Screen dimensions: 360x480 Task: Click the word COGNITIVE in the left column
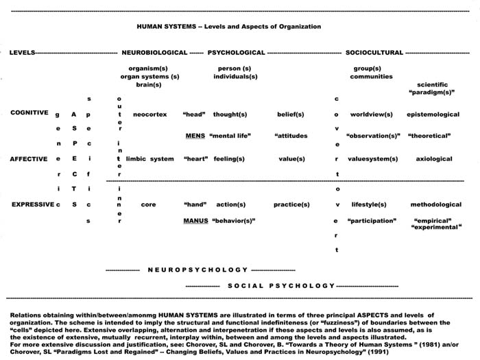(29, 113)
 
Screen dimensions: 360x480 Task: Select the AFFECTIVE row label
(29, 158)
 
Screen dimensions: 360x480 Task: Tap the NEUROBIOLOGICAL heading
(154, 52)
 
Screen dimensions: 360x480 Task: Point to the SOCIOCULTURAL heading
(374, 52)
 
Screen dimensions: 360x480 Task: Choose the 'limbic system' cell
(150, 158)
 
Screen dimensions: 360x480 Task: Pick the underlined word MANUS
(195, 221)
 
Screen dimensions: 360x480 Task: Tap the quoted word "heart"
(195, 158)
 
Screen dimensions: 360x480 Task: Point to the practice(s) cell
(291, 204)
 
